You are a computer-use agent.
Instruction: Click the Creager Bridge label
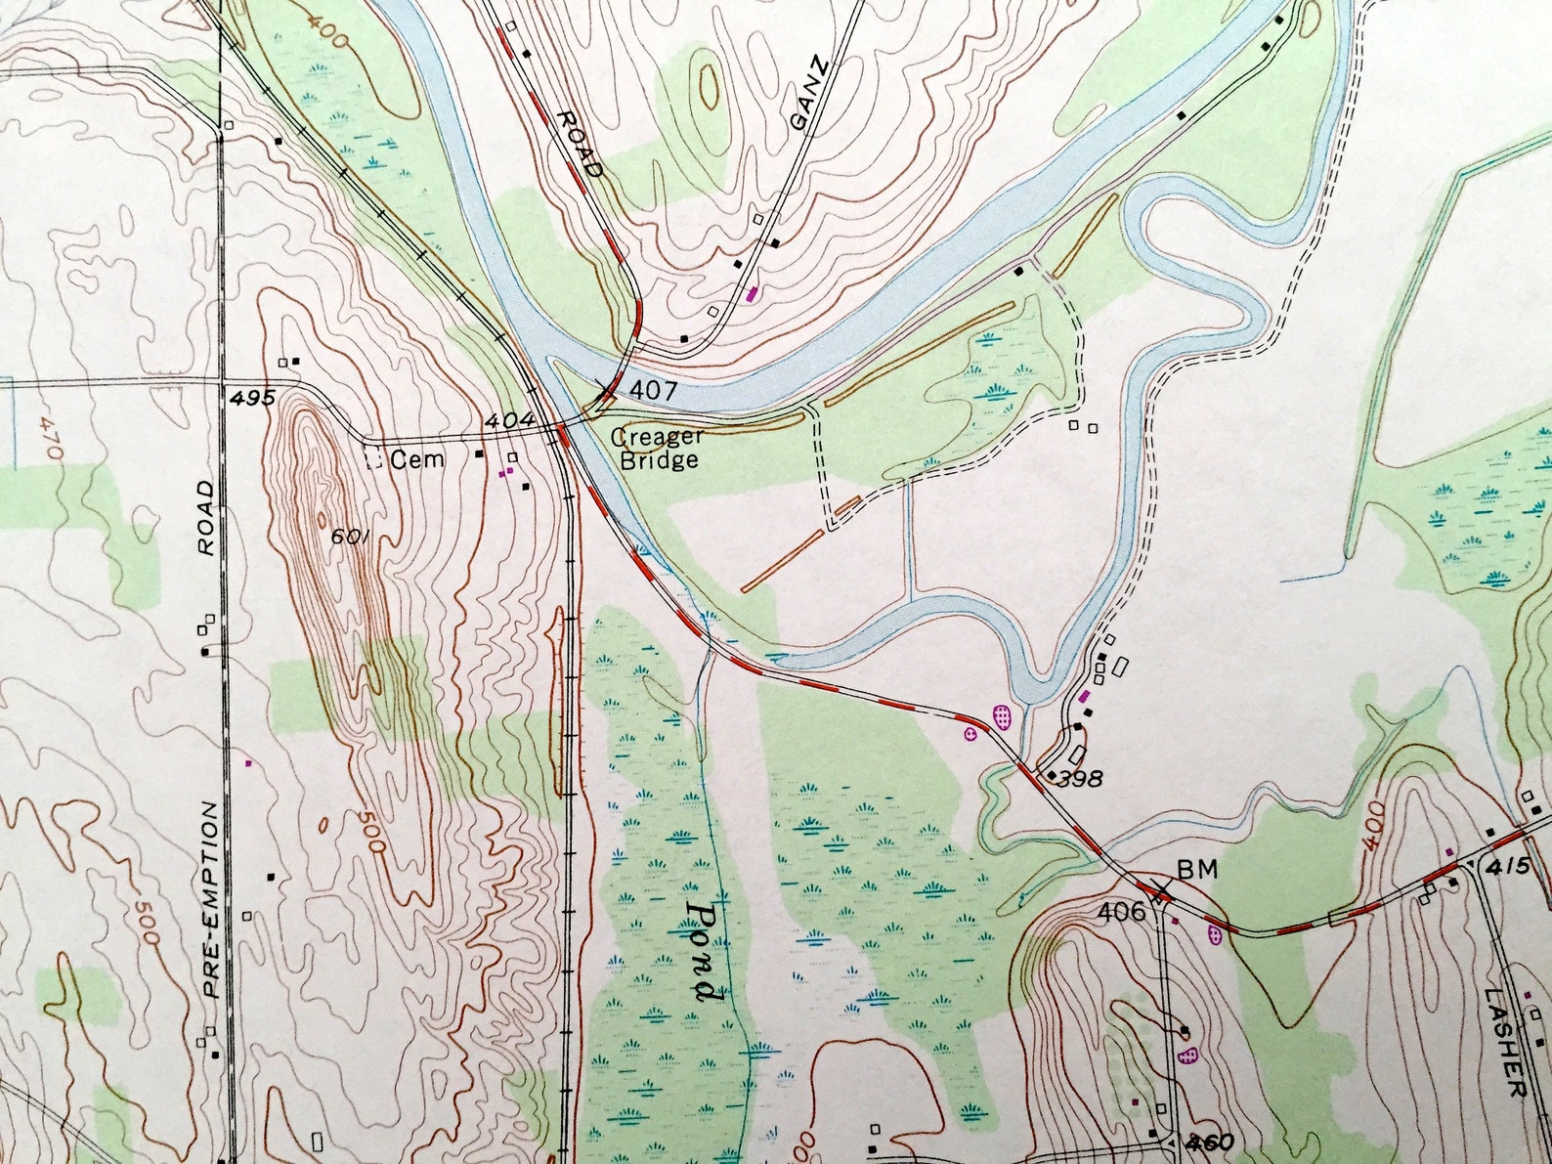pos(657,449)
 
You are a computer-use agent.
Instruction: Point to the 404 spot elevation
pos(509,421)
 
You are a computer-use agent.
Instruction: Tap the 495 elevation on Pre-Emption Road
pos(254,397)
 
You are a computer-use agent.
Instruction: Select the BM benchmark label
pos(1197,869)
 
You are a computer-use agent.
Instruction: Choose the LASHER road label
pos(1503,1042)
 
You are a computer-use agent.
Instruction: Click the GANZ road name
pos(809,95)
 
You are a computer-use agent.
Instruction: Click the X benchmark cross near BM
pos(1160,891)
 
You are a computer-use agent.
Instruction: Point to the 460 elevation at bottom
pos(1212,1142)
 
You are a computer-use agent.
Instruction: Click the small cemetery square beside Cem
pos(372,459)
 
